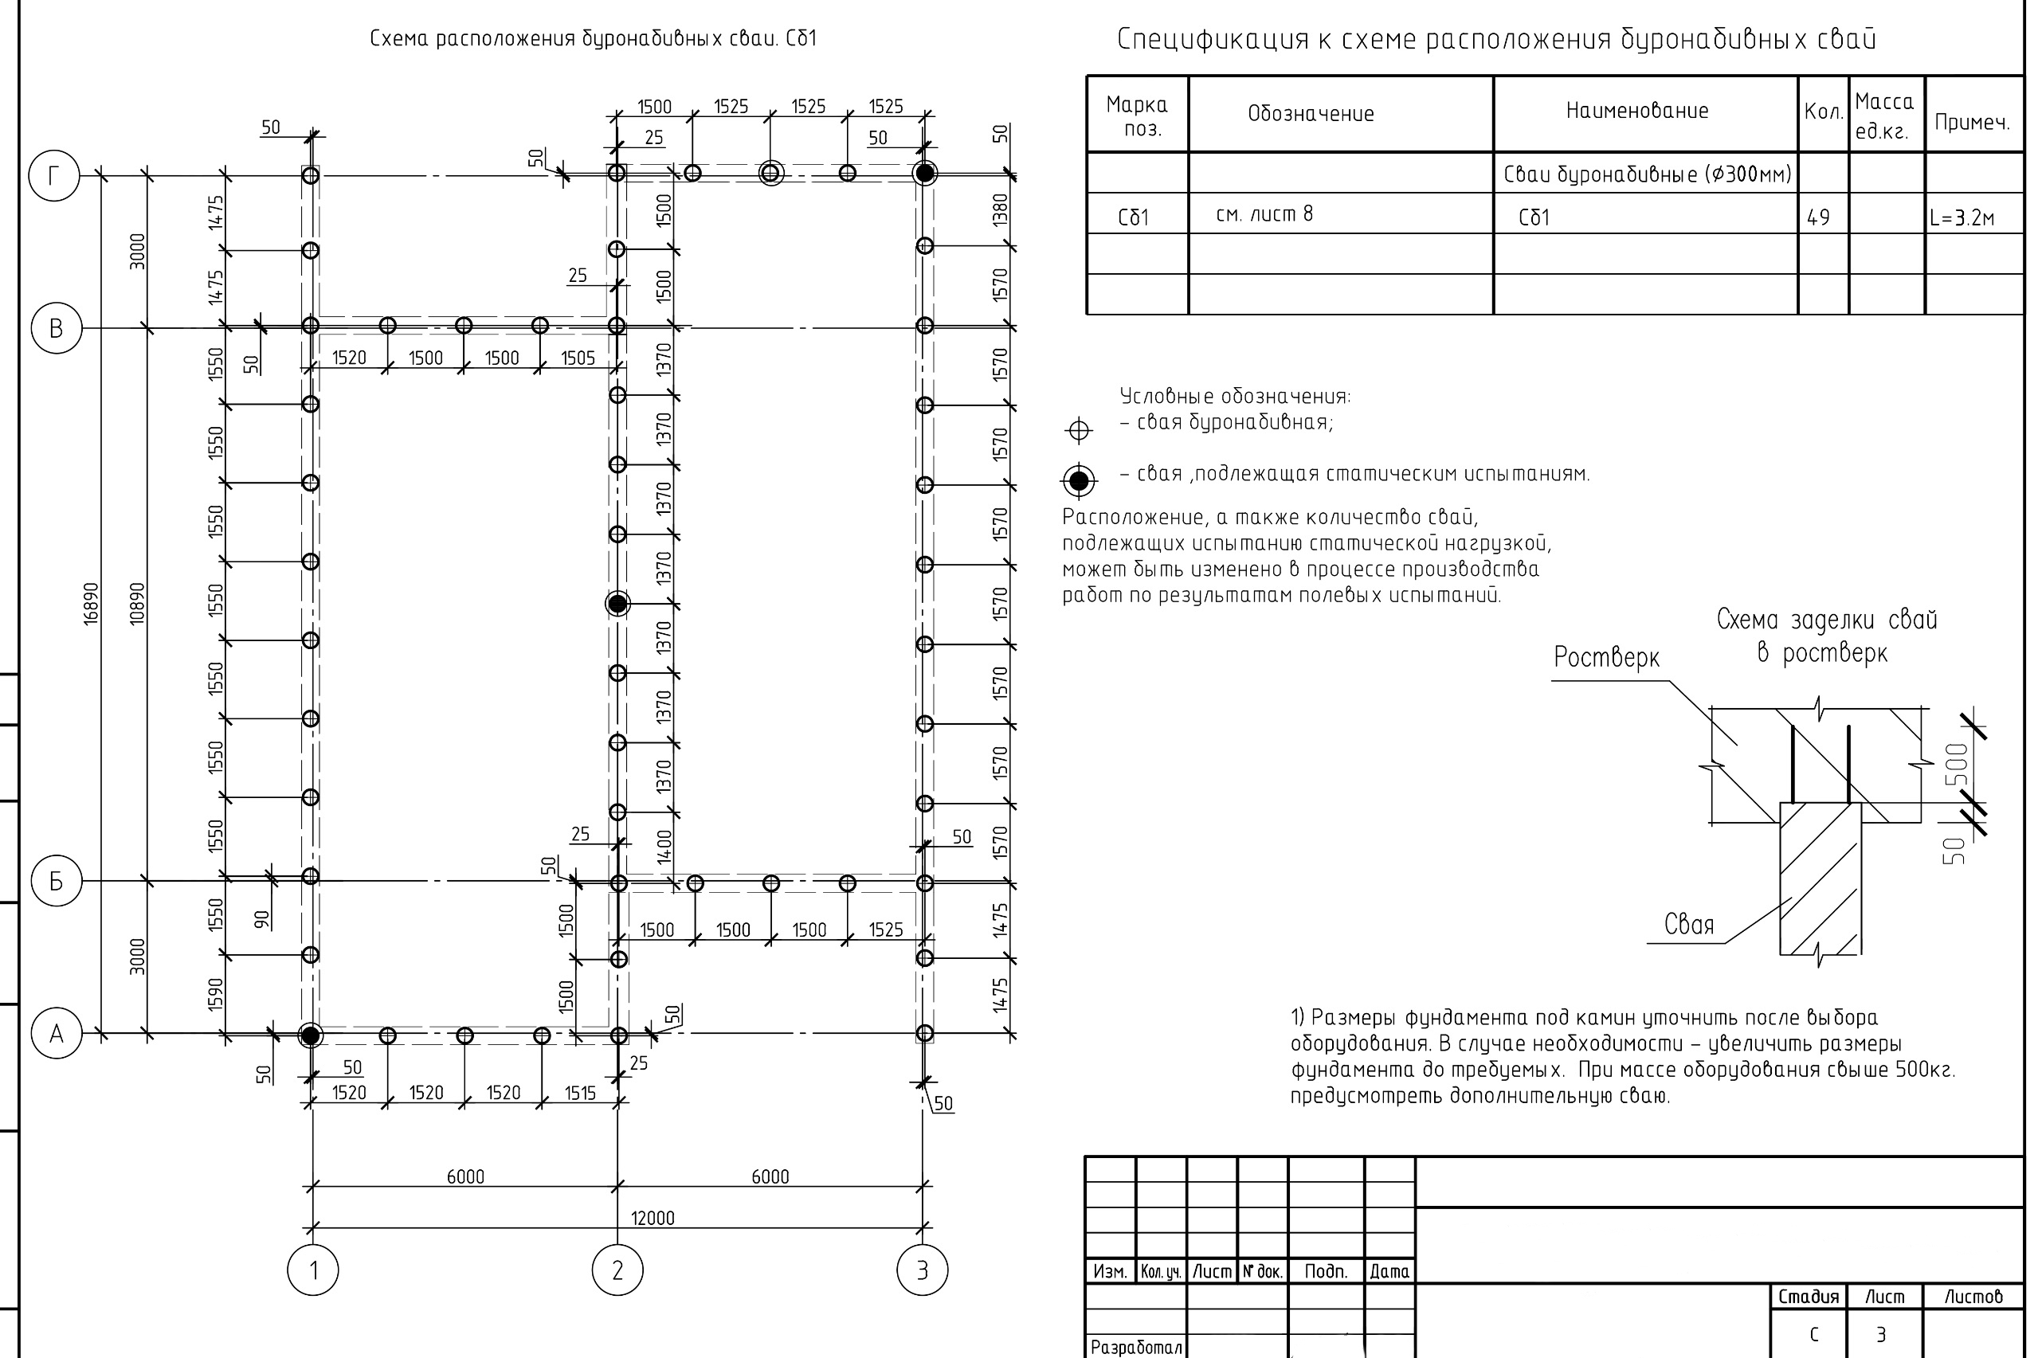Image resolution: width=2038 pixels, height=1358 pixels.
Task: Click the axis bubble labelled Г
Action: [53, 176]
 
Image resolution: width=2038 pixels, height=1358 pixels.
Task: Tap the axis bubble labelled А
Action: [57, 1033]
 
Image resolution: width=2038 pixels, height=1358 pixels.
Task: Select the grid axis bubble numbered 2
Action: [617, 1270]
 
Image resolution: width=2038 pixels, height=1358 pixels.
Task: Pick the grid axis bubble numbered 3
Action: [922, 1270]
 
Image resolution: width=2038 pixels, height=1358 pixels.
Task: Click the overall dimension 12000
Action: [652, 1218]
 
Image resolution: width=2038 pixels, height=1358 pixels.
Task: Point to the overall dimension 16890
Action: [91, 604]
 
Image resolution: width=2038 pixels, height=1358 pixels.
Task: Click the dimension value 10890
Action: [137, 604]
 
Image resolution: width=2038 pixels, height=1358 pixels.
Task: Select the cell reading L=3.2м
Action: [1962, 217]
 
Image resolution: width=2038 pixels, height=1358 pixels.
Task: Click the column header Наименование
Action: [1636, 111]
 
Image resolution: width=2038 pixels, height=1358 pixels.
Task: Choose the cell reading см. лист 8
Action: [1264, 214]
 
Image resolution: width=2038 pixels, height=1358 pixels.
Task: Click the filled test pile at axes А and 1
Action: [310, 1034]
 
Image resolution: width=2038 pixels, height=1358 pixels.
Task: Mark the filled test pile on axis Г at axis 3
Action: [924, 173]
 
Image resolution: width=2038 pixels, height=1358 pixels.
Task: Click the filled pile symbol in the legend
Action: [1078, 479]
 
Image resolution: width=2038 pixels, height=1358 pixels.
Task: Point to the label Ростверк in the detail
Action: [1606, 657]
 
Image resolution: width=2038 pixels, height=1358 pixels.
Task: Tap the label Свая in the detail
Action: [1688, 924]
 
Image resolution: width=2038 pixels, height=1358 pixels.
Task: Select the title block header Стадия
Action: [1808, 1297]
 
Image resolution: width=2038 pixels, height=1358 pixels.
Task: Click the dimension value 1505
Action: [578, 358]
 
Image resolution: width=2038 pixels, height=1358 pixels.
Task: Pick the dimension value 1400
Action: [664, 846]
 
